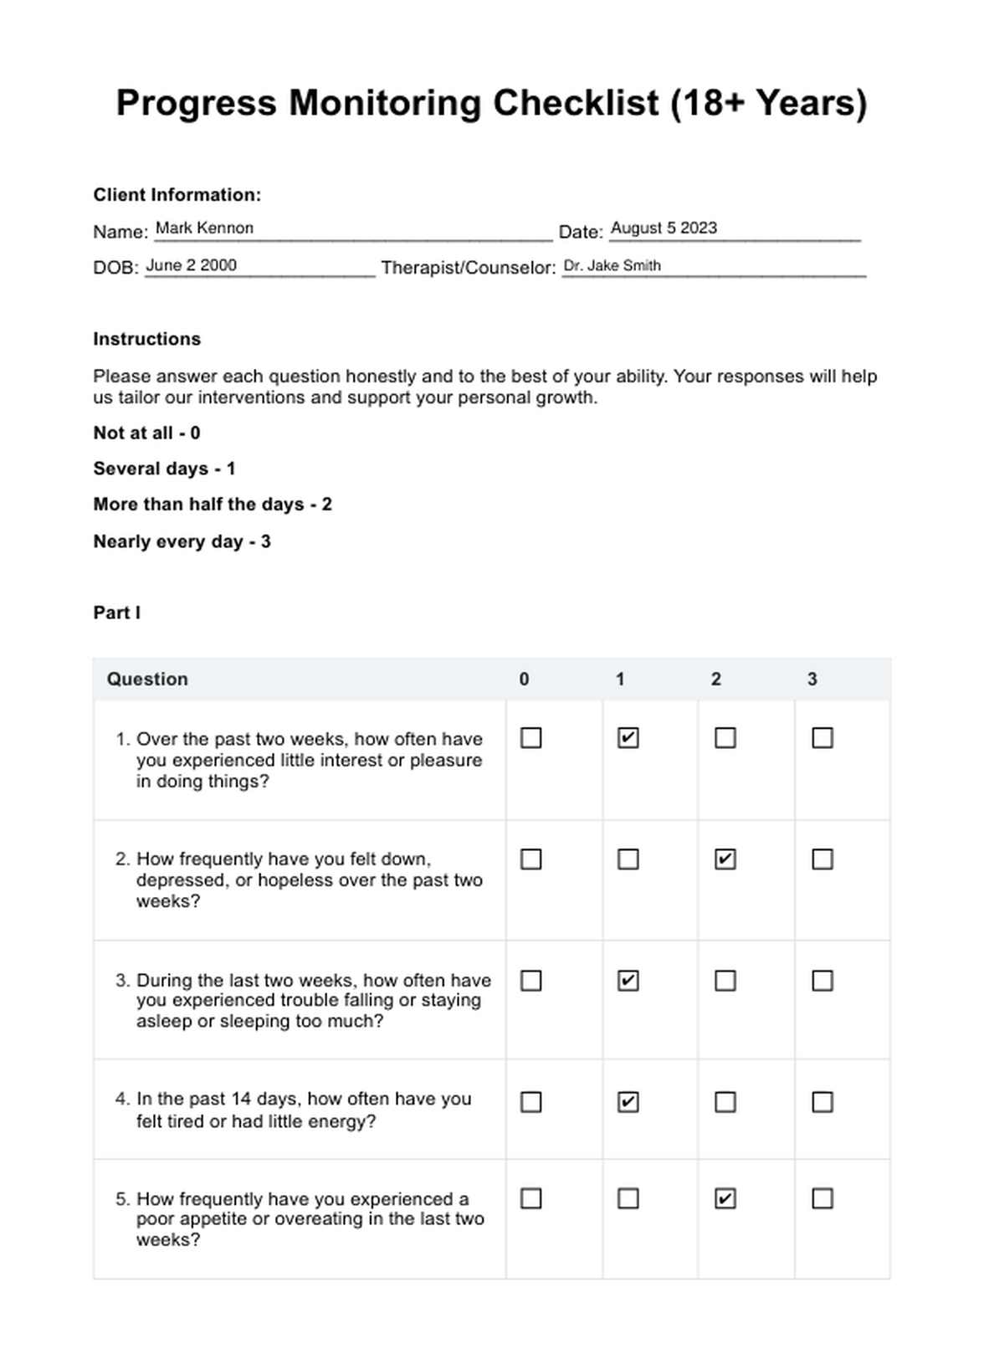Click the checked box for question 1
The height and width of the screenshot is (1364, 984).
point(628,738)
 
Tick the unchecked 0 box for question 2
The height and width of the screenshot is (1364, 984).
point(530,859)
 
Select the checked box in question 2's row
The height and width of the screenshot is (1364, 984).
point(725,859)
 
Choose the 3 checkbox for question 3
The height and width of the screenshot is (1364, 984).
point(822,980)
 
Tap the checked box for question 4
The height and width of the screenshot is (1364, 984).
point(628,1102)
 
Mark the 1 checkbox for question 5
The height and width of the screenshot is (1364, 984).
point(628,1199)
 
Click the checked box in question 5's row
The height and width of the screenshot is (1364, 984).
point(725,1199)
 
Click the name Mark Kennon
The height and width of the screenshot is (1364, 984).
point(204,228)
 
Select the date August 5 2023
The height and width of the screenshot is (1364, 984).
point(664,228)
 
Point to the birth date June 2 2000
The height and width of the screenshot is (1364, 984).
point(191,265)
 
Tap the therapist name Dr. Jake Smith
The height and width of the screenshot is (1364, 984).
point(612,265)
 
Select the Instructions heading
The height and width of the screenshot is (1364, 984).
point(147,339)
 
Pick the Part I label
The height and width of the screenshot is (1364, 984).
point(117,613)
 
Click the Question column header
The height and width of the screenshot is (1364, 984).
point(147,679)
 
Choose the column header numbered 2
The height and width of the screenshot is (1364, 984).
point(715,679)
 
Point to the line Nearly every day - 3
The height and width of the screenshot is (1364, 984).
point(182,541)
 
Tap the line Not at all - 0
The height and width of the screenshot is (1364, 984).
point(146,433)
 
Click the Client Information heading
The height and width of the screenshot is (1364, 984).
point(177,195)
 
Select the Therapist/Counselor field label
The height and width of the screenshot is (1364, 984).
point(468,268)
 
